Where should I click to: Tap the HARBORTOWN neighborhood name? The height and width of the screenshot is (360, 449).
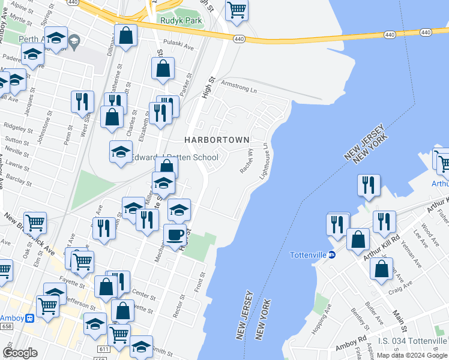pyautogui.click(x=217, y=140)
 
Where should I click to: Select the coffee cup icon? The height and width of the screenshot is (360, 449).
pyautogui.click(x=175, y=235)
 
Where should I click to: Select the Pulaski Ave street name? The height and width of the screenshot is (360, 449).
pyautogui.click(x=179, y=45)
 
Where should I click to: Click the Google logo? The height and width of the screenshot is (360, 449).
pyautogui.click(x=20, y=353)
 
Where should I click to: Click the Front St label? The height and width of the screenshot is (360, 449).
pyautogui.click(x=200, y=281)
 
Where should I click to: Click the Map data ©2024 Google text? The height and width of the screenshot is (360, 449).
pyautogui.click(x=412, y=355)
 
